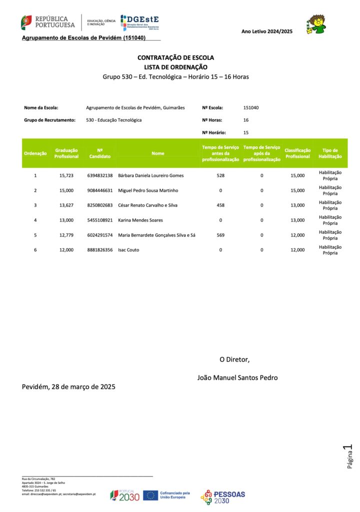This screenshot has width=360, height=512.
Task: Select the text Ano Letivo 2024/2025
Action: (266, 31)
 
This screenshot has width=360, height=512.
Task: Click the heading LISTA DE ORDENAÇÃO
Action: (175, 67)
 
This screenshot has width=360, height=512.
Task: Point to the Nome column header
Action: (158, 153)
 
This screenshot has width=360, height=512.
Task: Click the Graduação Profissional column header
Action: (66, 153)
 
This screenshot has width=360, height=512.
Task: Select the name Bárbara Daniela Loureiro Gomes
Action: (151, 175)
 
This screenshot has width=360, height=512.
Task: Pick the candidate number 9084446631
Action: (100, 190)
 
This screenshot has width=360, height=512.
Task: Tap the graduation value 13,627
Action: (66, 205)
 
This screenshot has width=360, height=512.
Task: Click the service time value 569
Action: (220, 235)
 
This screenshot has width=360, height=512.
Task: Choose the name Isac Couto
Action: (129, 249)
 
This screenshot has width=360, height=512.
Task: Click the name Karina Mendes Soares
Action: (140, 220)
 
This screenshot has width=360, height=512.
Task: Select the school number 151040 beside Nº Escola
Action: (251, 107)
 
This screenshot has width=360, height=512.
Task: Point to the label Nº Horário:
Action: (214, 132)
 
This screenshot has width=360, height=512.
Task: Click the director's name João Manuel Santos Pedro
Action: (237, 377)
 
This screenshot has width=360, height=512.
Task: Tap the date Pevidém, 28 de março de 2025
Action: (68, 387)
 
